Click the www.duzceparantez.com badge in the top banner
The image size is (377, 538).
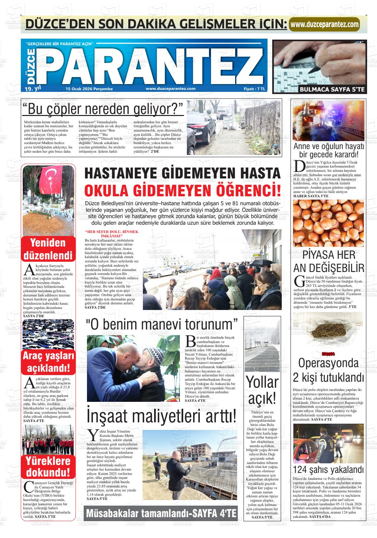[x=324, y=24]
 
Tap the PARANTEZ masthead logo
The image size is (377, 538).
[x=150, y=65]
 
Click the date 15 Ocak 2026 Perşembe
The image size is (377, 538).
[x=89, y=89]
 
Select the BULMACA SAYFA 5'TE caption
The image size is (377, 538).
[x=332, y=89]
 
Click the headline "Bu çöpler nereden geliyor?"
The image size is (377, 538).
[x=103, y=109]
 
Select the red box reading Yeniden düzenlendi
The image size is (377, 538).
[x=48, y=249]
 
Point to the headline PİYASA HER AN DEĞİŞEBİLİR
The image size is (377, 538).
[x=328, y=261]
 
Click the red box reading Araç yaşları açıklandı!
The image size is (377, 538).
[x=48, y=362]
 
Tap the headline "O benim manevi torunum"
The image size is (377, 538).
[x=162, y=324]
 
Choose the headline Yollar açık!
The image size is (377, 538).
[x=262, y=390]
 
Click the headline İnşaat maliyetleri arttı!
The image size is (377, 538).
[x=161, y=416]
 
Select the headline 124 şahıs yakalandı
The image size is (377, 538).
[x=328, y=469]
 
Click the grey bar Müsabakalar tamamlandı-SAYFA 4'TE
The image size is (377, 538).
[x=161, y=513]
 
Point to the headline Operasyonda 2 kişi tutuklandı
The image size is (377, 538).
[x=328, y=370]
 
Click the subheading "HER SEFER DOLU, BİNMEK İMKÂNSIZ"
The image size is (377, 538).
[x=111, y=234]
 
